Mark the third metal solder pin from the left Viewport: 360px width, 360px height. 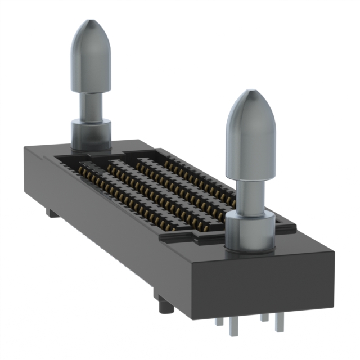pyautogui.click(x=262, y=318)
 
